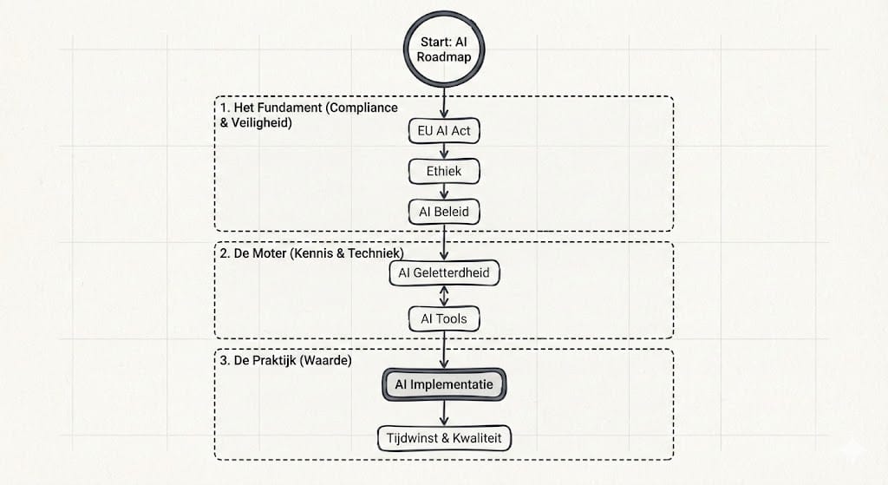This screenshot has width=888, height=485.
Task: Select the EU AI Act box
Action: click(x=444, y=131)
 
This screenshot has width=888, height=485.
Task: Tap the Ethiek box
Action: click(x=444, y=171)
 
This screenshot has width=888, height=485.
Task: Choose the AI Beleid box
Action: click(x=444, y=212)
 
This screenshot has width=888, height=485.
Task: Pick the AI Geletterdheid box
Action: click(x=444, y=273)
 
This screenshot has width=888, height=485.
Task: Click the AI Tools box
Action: click(x=444, y=318)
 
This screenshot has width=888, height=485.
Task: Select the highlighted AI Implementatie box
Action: click(x=444, y=383)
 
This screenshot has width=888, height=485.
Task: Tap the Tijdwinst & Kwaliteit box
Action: click(x=445, y=437)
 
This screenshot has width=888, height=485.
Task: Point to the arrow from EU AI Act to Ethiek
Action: click(x=444, y=151)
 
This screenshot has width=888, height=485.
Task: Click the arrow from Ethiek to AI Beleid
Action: click(x=444, y=192)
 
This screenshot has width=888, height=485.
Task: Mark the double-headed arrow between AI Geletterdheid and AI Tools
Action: click(x=444, y=296)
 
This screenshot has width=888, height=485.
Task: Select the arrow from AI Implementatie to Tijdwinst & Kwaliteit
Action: click(x=444, y=411)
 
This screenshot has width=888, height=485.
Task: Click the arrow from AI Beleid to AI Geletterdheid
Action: click(x=444, y=242)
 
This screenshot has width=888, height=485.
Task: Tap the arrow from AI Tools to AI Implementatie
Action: click(x=444, y=350)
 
